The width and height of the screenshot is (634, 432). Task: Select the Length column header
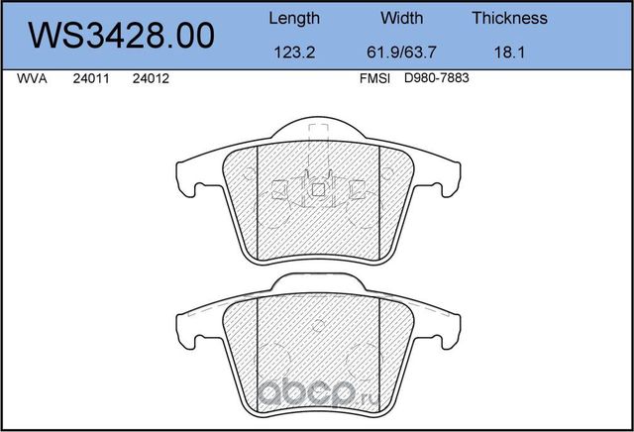[x=294, y=18]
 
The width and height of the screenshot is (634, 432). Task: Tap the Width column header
[x=401, y=18]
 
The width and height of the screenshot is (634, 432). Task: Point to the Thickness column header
[x=509, y=18]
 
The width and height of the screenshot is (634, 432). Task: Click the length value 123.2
[x=294, y=54]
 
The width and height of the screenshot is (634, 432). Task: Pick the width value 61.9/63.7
[x=401, y=54]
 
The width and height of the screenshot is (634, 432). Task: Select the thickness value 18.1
[x=509, y=54]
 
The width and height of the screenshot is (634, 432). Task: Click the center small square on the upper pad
[x=317, y=188]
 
